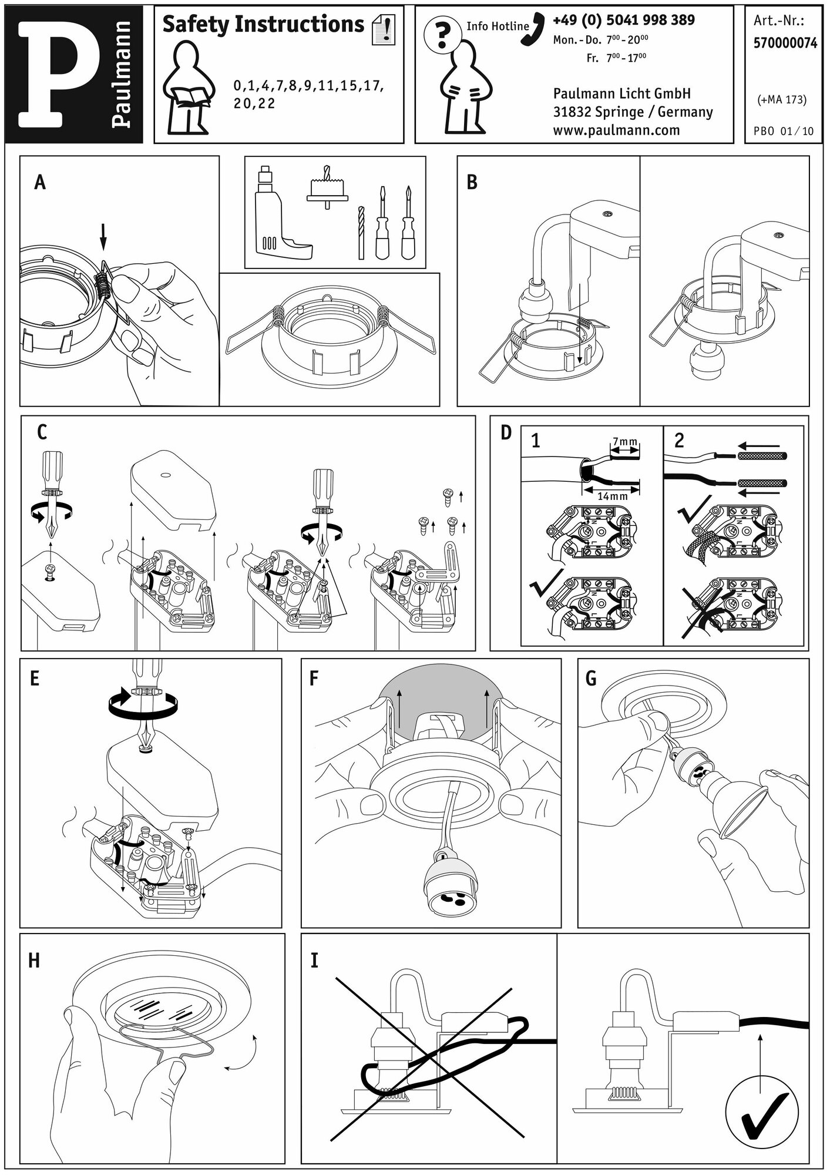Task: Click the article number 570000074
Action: coord(784,43)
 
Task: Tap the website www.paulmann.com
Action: coord(616,130)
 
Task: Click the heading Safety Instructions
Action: coord(263,25)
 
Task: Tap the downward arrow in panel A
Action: coord(103,238)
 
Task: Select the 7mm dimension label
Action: coord(624,442)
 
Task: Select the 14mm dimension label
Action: coord(612,496)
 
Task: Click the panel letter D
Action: coord(506,433)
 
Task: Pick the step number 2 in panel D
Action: coord(679,441)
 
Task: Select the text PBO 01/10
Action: coord(784,130)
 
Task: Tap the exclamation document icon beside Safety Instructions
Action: coord(384,30)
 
